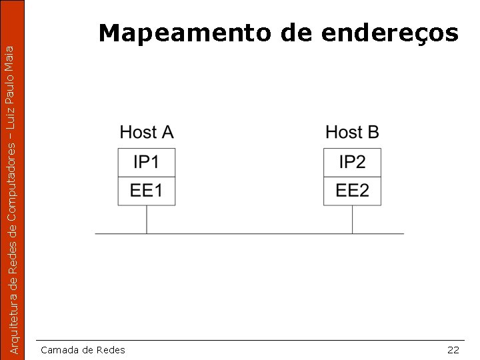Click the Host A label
[147, 132]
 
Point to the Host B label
[352, 132]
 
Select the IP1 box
[147, 162]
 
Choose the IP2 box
[352, 162]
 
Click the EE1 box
[147, 191]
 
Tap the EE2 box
[352, 191]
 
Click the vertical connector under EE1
[147, 219]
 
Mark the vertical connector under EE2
[352, 219]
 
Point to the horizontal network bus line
[249, 234]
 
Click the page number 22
[453, 350]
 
